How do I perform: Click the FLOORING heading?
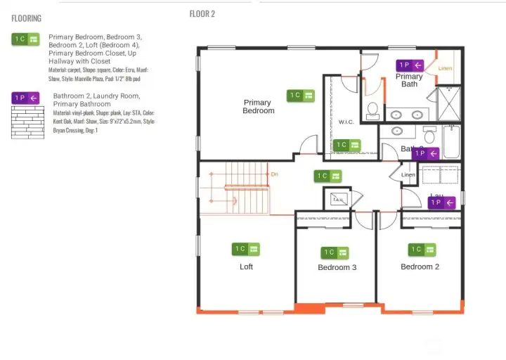click(x=26, y=18)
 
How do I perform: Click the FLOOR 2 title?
click(x=202, y=14)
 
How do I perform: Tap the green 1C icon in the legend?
click(x=26, y=39)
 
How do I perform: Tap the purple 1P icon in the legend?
click(x=26, y=98)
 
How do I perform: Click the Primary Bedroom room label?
click(x=258, y=107)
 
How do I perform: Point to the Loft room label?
click(x=246, y=266)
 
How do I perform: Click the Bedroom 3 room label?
click(x=337, y=267)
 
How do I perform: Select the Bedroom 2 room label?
click(x=420, y=266)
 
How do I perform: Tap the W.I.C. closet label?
click(x=346, y=122)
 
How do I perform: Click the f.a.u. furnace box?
click(x=337, y=199)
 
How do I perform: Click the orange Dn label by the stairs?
click(x=275, y=174)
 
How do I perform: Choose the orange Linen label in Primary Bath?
click(x=445, y=68)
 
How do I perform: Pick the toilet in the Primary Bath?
click(x=373, y=110)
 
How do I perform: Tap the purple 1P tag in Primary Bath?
click(x=410, y=65)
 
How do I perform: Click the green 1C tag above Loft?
click(x=246, y=249)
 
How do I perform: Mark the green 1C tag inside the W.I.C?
click(x=347, y=145)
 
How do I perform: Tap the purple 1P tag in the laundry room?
click(x=441, y=202)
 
